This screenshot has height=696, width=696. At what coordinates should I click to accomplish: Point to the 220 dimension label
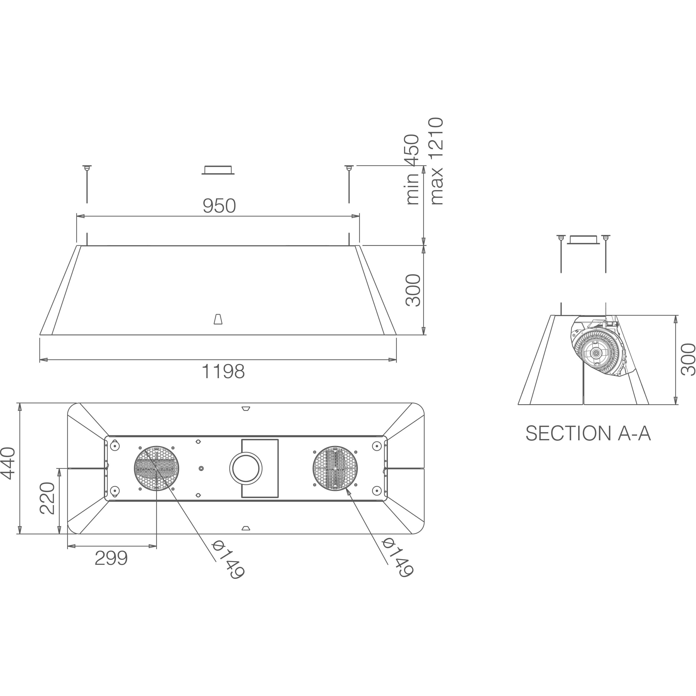(x=47, y=498)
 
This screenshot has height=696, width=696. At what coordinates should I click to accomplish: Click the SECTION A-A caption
(x=588, y=433)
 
